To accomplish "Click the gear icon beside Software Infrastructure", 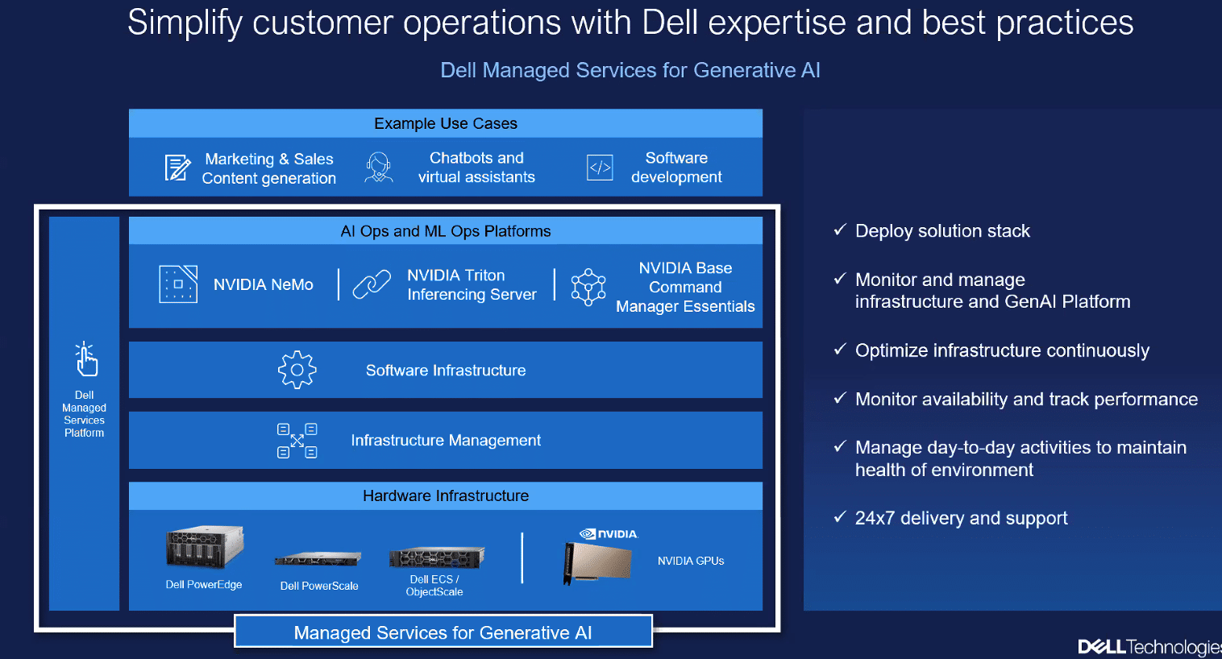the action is pyautogui.click(x=297, y=370).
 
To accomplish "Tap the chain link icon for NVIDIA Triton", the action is pyautogui.click(x=372, y=284).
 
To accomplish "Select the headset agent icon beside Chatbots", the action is pyautogui.click(x=378, y=167).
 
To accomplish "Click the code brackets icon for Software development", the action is pyautogui.click(x=600, y=167).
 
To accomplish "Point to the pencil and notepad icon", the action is pyautogui.click(x=178, y=168).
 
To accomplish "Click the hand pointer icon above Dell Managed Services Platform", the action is pyautogui.click(x=86, y=359).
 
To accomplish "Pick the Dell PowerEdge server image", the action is pyautogui.click(x=205, y=547).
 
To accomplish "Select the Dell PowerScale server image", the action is pyautogui.click(x=318, y=559).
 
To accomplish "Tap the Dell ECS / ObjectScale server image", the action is pyautogui.click(x=436, y=557).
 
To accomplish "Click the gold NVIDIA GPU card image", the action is pyautogui.click(x=597, y=563).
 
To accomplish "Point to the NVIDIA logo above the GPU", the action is pyautogui.click(x=609, y=533).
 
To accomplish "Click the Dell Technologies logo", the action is pyautogui.click(x=1149, y=646).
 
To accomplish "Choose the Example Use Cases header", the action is pyautogui.click(x=446, y=123).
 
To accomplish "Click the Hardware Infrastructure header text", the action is pyautogui.click(x=446, y=495).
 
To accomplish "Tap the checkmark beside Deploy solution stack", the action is pyautogui.click(x=840, y=230).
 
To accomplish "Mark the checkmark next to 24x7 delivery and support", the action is pyautogui.click(x=840, y=516).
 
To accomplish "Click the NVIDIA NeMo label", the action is pyautogui.click(x=263, y=284).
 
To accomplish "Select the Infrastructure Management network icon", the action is pyautogui.click(x=297, y=441).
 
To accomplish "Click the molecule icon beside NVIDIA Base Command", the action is pyautogui.click(x=588, y=287).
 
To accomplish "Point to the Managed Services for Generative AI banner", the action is pyautogui.click(x=443, y=632).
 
